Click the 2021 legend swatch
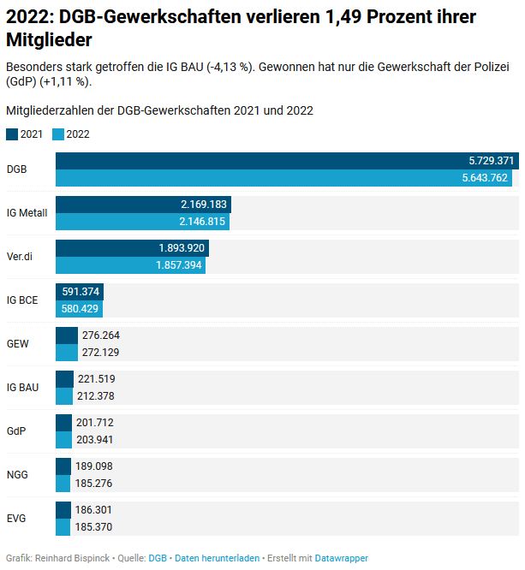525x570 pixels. click(x=12, y=134)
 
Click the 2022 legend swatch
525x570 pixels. click(x=58, y=134)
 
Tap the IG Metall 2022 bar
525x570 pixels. click(x=142, y=222)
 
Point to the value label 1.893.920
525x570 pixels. click(x=182, y=247)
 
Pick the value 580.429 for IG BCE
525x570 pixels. click(x=81, y=309)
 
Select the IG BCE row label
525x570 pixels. click(x=22, y=300)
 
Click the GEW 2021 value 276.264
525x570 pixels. click(x=101, y=335)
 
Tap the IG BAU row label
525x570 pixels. click(x=22, y=387)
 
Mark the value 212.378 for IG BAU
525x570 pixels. click(x=96, y=396)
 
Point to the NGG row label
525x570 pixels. click(x=17, y=474)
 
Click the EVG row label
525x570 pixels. click(x=16, y=518)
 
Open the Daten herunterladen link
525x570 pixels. click(x=217, y=558)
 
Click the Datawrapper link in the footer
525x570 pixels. click(x=341, y=558)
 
